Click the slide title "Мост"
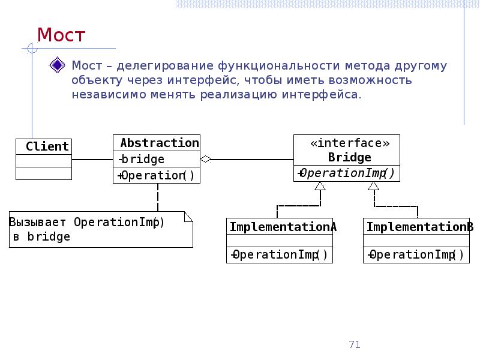pyautogui.click(x=61, y=35)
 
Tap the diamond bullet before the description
pyautogui.click(x=58, y=65)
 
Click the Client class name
pyautogui.click(x=47, y=146)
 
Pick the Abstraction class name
pyautogui.click(x=159, y=143)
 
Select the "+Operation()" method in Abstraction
pyautogui.click(x=157, y=175)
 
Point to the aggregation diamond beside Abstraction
pyautogui.click(x=206, y=160)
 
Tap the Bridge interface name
pyautogui.click(x=349, y=158)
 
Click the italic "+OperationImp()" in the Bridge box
pyautogui.click(x=346, y=173)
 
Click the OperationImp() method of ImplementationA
pyautogui.click(x=279, y=254)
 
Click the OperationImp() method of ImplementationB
pyautogui.click(x=416, y=254)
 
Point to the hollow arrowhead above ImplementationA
pyautogui.click(x=320, y=186)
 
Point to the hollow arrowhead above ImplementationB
pyautogui.click(x=374, y=186)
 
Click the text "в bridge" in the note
pyautogui.click(x=41, y=236)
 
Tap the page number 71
pyautogui.click(x=354, y=344)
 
